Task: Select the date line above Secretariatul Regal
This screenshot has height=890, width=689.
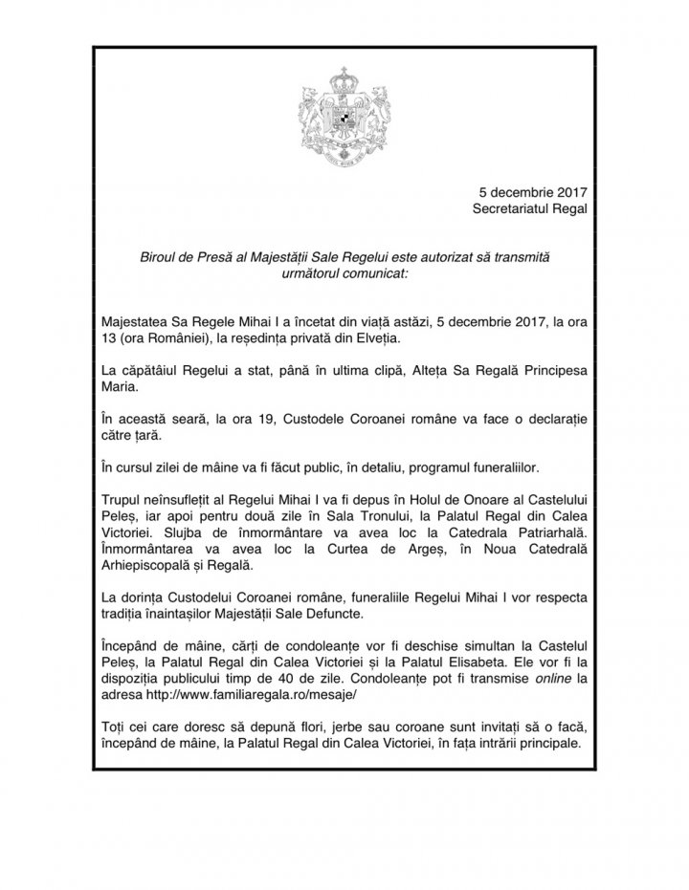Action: [531, 189]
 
